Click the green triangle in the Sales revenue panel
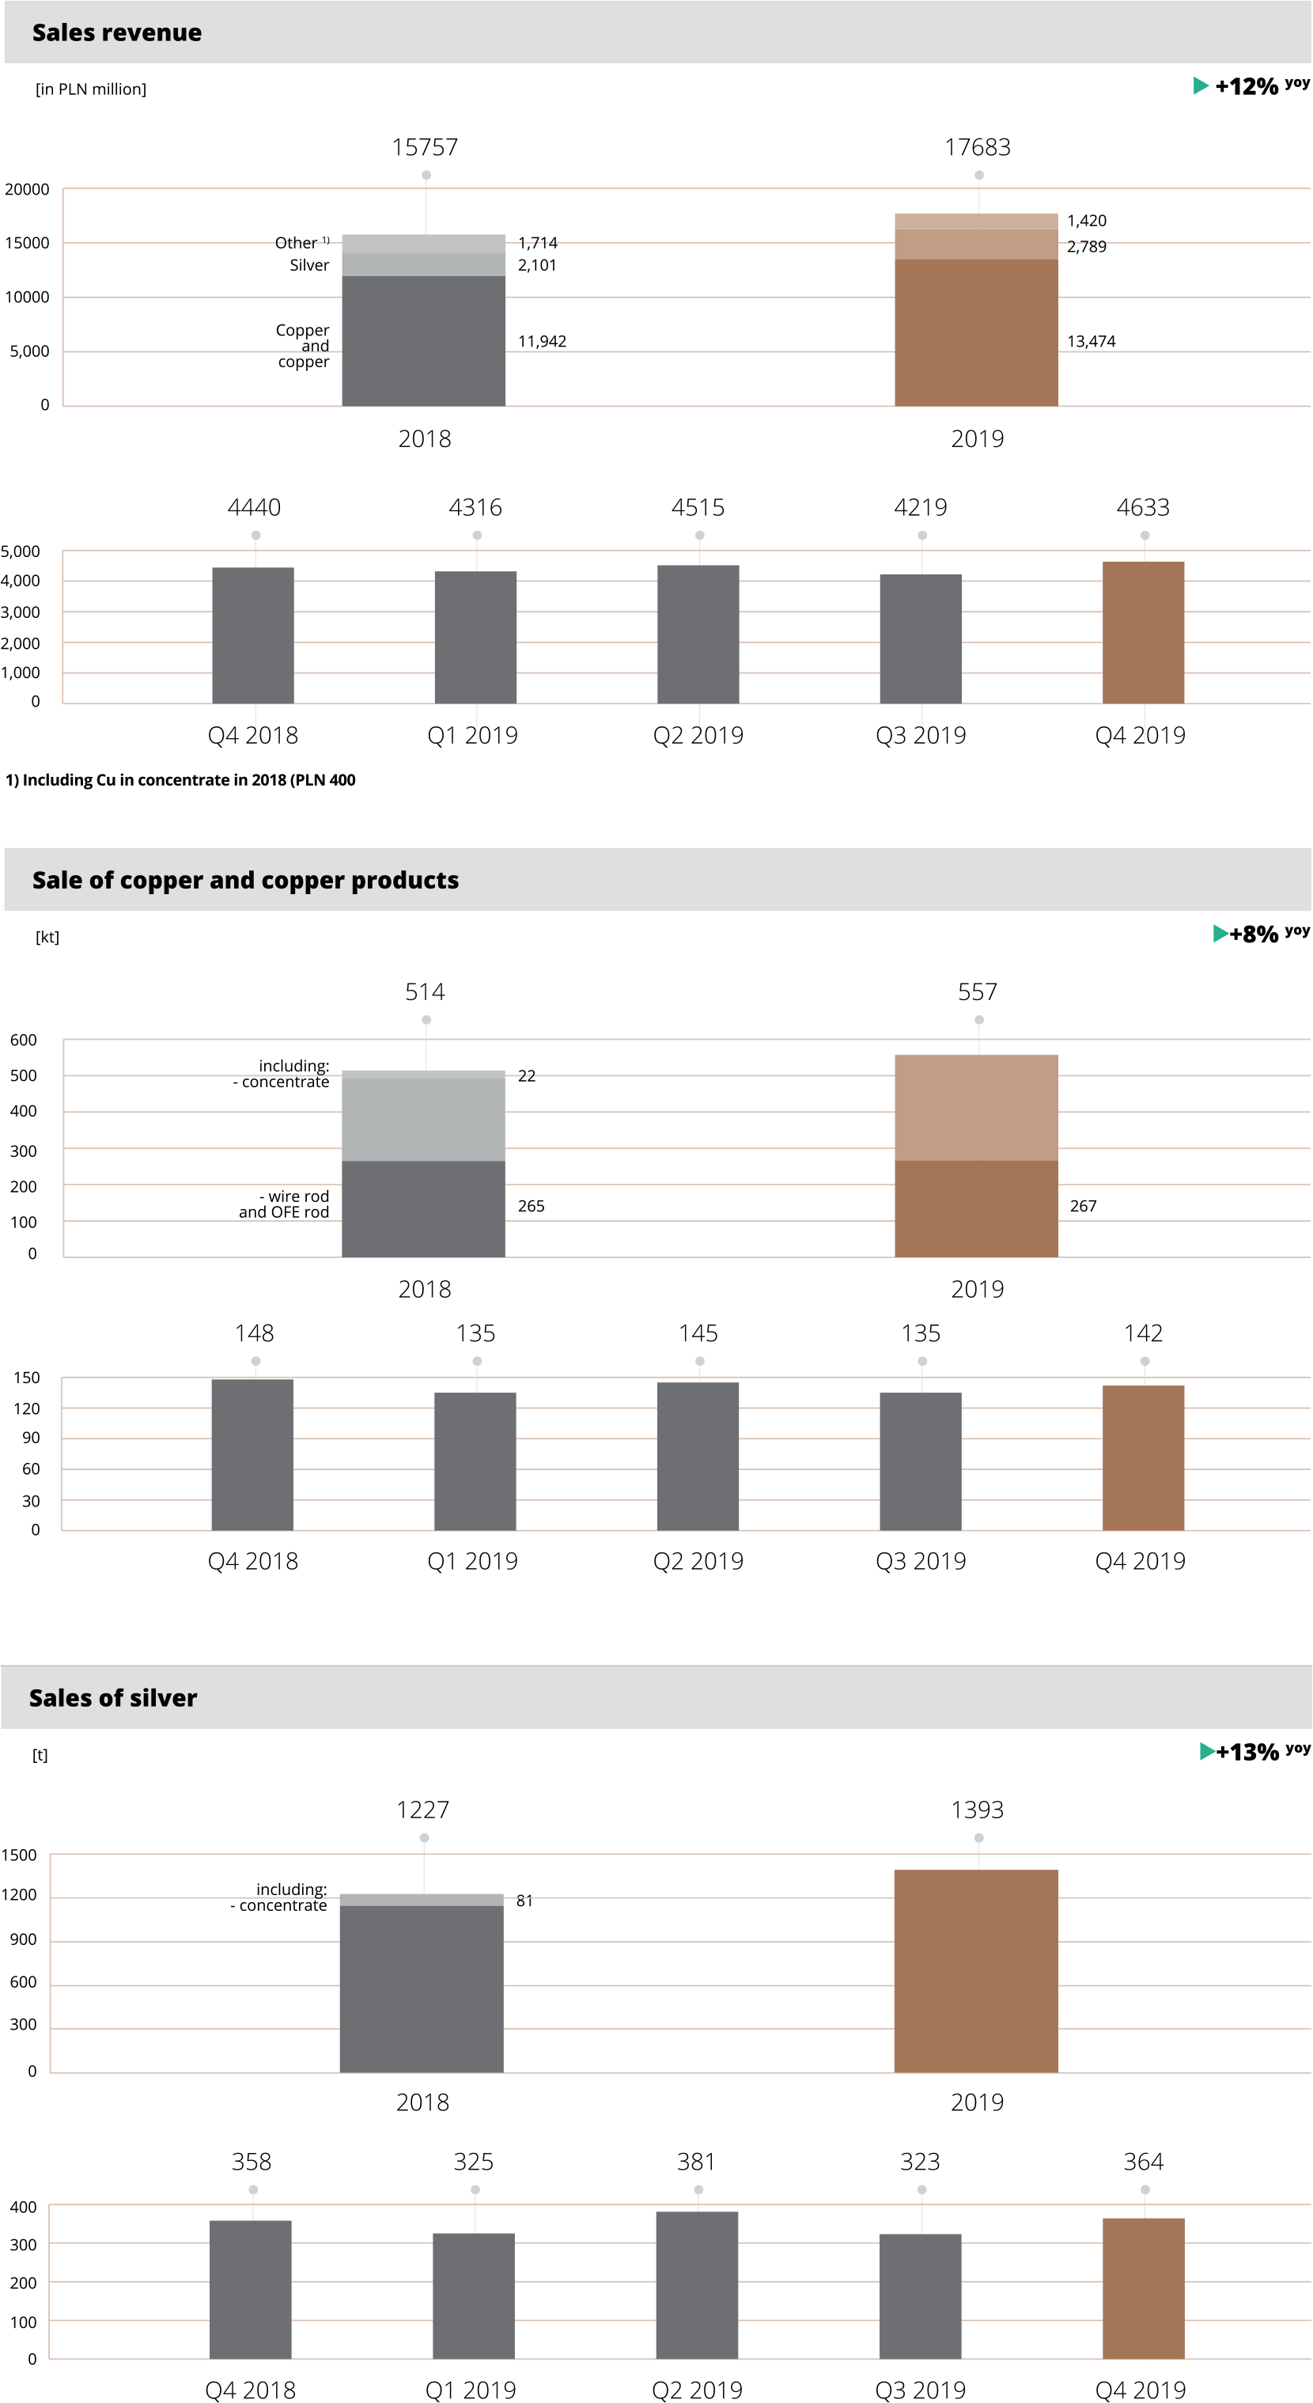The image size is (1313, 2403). pos(1201,85)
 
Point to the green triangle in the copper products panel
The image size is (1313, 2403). pos(1220,934)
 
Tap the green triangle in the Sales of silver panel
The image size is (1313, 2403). pos(1208,1751)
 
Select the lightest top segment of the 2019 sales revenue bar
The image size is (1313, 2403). pos(975,221)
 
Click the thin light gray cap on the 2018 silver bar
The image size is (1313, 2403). pos(422,1899)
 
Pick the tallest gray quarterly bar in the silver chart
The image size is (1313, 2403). pos(697,2284)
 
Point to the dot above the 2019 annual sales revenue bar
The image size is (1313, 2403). pos(979,176)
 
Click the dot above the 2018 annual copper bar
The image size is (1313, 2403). pos(426,1020)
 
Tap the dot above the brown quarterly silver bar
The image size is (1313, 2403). pos(1145,2189)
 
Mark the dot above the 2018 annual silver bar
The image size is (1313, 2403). pos(424,1838)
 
